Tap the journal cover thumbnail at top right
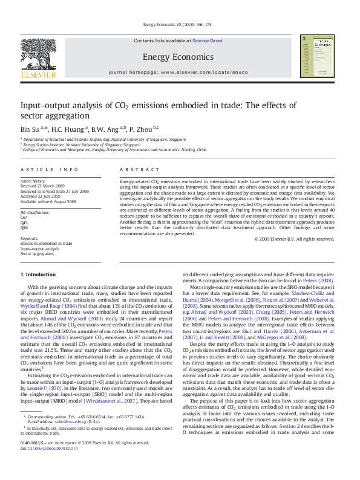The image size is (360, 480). pos(316,57)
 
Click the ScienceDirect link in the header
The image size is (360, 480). pos(208,41)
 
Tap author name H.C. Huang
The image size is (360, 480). pos(67,128)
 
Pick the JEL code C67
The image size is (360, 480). pos(24,217)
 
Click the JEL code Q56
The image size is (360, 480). pos(24,228)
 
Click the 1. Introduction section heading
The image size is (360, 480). pos(38,275)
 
